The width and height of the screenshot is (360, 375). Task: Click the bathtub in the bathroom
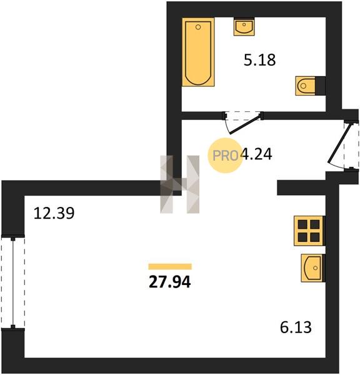[198, 52]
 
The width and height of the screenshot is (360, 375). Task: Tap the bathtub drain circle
[198, 27]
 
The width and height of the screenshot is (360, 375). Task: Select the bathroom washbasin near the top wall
[244, 27]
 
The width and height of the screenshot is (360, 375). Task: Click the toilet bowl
[305, 86]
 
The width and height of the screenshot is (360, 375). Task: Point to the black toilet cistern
[320, 86]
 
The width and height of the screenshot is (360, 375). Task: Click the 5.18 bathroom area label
[260, 60]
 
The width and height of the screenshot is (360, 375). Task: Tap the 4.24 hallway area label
[257, 154]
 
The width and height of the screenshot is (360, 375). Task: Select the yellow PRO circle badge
[225, 156]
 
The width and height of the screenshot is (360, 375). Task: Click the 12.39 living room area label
[54, 213]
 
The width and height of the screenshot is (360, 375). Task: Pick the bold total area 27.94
[170, 282]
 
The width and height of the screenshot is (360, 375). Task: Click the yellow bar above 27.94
[170, 266]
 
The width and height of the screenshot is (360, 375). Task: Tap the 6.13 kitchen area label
[296, 327]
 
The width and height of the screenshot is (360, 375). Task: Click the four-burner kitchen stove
[309, 231]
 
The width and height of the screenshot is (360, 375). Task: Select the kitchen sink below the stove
[312, 268]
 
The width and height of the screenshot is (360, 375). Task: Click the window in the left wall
[13, 283]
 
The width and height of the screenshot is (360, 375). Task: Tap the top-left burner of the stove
[302, 224]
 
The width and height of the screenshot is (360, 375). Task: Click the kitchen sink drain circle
[315, 268]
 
